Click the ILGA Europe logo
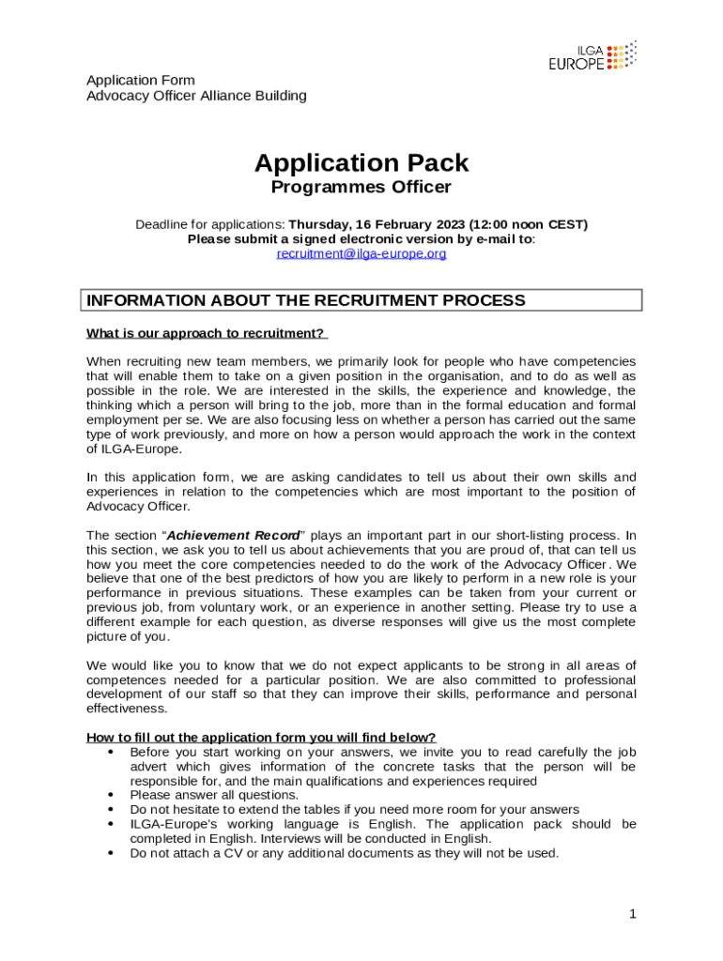[592, 55]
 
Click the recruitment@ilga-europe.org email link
[361, 253]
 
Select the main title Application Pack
[361, 163]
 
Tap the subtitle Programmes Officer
[361, 187]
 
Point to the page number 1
[633, 913]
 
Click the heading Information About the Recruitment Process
[306, 300]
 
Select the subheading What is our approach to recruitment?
[206, 333]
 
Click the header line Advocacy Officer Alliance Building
[196, 96]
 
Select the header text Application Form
[141, 81]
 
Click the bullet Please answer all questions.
[214, 795]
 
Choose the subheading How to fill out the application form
[261, 737]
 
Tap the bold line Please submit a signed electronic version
[361, 238]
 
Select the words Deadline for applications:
[210, 224]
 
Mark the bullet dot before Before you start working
[112, 752]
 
